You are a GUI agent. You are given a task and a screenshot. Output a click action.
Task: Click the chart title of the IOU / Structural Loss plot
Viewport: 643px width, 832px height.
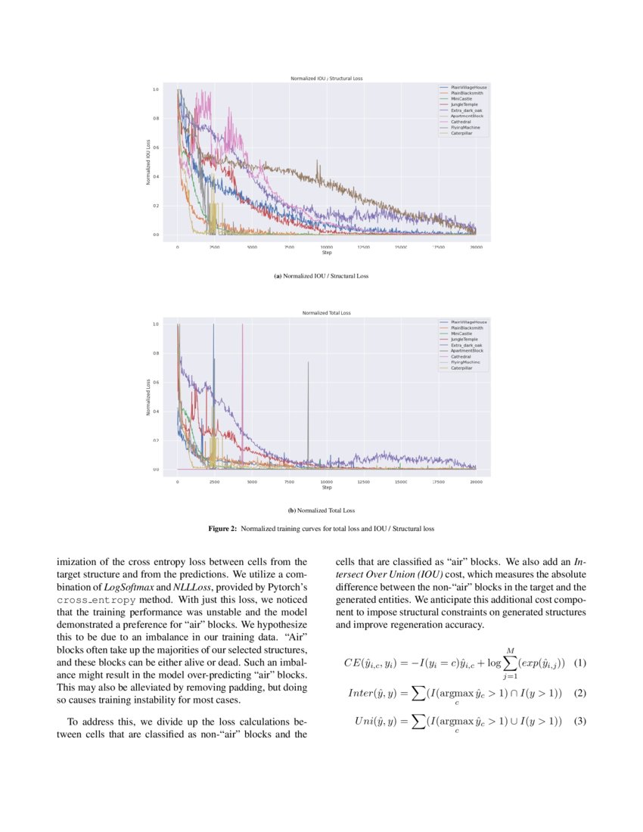(326, 79)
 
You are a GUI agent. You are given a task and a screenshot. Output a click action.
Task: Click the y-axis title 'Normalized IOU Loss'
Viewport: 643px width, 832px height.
(148, 162)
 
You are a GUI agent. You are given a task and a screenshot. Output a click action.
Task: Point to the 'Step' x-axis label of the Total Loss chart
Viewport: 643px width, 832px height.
(327, 487)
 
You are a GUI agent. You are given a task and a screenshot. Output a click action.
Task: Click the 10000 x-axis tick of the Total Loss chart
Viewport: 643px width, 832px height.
(327, 481)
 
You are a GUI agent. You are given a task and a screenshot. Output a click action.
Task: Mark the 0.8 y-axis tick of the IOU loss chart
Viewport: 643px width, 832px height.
(156, 119)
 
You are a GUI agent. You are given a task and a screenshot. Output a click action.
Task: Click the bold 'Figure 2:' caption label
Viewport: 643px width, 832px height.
(223, 529)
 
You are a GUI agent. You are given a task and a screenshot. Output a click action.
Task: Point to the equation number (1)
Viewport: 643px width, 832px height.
(580, 663)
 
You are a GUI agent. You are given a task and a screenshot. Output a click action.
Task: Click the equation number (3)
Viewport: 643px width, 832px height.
(580, 721)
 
